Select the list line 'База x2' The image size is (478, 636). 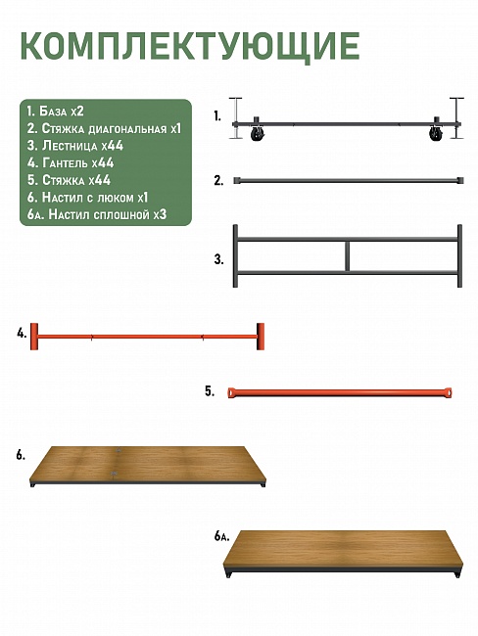(x=55, y=112)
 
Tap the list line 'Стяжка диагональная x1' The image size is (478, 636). (x=104, y=128)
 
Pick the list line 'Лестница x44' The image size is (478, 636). (x=75, y=146)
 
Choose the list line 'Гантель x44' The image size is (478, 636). (x=71, y=163)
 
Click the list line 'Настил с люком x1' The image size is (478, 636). (x=87, y=198)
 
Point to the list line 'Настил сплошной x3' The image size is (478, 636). (x=97, y=214)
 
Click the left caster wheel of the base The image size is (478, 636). (x=256, y=133)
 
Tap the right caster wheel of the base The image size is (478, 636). (x=435, y=133)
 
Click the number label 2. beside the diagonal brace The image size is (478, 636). (x=218, y=181)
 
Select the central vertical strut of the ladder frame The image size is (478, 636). (x=348, y=256)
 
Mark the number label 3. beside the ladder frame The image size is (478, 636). (x=218, y=259)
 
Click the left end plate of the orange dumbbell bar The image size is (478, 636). (x=34, y=337)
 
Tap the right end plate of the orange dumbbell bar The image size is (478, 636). (x=261, y=337)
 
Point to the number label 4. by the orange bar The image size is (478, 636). (x=22, y=334)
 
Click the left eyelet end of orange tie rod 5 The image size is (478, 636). (x=231, y=393)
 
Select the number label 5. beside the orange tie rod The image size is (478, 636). (x=210, y=391)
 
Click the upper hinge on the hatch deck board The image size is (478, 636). (x=118, y=450)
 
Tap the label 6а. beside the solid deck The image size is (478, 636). (x=221, y=536)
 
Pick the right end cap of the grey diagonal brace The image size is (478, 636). (x=460, y=180)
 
